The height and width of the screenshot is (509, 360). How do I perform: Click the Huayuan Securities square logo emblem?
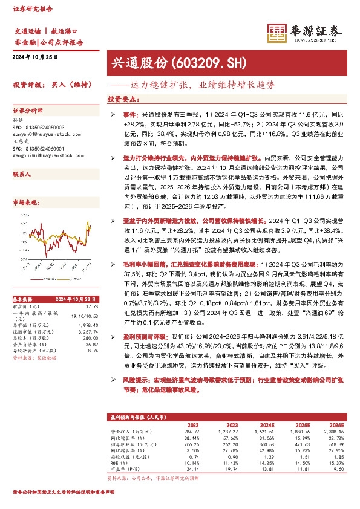pyautogui.click(x=277, y=34)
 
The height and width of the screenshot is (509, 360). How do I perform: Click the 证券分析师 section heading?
pyautogui.click(x=28, y=111)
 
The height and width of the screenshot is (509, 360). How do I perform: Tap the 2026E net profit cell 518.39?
pyautogui.click(x=335, y=444)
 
